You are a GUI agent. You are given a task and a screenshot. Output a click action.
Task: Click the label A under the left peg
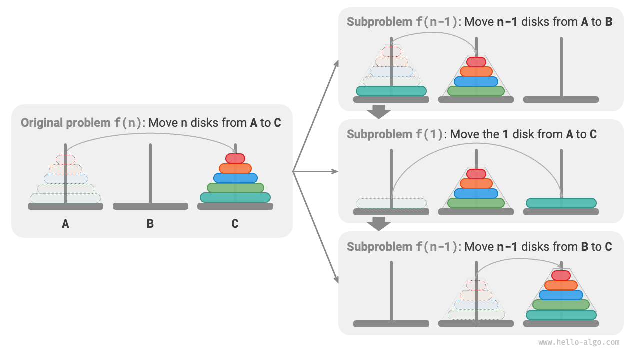click(x=65, y=224)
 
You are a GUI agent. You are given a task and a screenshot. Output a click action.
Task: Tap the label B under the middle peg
click(x=150, y=224)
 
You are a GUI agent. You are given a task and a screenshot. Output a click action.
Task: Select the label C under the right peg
click(x=235, y=224)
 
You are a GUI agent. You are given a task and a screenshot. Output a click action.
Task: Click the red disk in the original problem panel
click(x=235, y=158)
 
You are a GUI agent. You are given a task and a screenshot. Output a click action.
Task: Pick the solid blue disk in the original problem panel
click(x=235, y=178)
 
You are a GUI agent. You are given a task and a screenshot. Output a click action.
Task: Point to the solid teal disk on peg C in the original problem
click(x=235, y=197)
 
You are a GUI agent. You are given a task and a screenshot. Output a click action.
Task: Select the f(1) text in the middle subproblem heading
click(x=429, y=134)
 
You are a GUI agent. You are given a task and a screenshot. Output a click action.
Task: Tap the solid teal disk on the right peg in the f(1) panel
click(x=561, y=203)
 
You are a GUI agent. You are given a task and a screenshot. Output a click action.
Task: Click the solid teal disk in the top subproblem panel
click(x=391, y=91)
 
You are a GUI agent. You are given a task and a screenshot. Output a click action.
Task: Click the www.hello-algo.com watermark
click(x=578, y=342)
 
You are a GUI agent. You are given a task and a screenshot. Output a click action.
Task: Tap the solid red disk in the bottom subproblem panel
click(x=561, y=275)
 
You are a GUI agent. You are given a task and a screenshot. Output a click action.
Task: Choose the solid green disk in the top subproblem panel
click(x=476, y=91)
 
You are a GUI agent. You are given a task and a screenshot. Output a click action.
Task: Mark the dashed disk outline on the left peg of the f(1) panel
click(x=391, y=203)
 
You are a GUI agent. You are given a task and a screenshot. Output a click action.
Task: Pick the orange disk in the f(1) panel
click(x=476, y=183)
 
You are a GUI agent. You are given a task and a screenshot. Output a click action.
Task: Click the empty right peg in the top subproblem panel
click(x=561, y=67)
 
